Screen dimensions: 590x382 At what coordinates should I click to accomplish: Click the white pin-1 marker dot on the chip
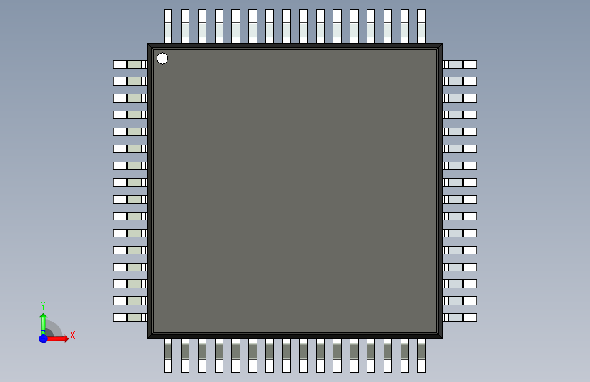(162, 58)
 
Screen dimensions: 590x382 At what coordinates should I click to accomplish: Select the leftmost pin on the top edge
(168, 25)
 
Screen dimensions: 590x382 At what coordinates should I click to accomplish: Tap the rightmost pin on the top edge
(421, 25)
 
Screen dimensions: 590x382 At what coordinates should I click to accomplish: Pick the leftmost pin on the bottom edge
(168, 358)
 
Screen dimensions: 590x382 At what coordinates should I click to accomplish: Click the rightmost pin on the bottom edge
(421, 358)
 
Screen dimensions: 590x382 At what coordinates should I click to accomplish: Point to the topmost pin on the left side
(129, 65)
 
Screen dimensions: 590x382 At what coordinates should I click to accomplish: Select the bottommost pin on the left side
(129, 317)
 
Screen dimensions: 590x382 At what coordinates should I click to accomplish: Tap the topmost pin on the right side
(461, 65)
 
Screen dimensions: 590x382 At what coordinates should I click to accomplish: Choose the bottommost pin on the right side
(461, 317)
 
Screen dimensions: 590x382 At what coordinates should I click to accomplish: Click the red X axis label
(72, 335)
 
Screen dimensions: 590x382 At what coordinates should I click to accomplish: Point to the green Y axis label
(43, 306)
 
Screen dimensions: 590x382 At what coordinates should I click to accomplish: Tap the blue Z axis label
(42, 332)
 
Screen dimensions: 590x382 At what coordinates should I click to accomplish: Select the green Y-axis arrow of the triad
(43, 322)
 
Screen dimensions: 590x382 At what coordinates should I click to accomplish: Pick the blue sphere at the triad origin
(43, 338)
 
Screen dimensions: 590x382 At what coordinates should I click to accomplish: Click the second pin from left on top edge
(185, 25)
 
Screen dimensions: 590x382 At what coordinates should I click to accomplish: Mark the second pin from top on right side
(461, 82)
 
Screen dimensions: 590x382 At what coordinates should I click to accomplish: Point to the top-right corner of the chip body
(442, 45)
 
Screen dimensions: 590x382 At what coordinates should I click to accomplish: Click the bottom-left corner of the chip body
(148, 337)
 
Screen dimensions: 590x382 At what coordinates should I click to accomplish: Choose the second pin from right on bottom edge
(404, 358)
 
